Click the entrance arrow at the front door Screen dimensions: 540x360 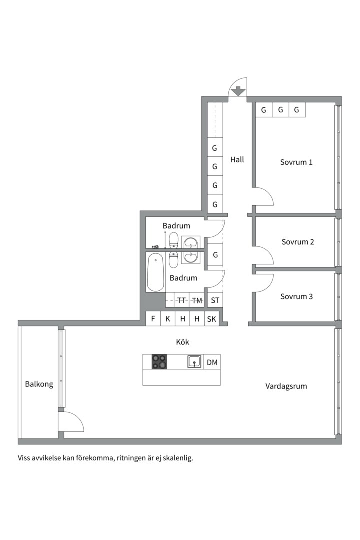tap(239, 91)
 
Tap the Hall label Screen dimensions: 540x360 tap(237, 160)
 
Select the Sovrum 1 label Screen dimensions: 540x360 tap(296, 162)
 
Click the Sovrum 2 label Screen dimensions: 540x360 tap(298, 242)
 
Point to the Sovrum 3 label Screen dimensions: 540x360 tap(296, 296)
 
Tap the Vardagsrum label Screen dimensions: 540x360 tap(286, 386)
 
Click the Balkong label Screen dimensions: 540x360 tap(39, 384)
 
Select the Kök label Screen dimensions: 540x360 tap(183, 342)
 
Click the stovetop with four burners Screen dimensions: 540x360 tap(159, 362)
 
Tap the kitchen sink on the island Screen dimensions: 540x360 tap(195, 362)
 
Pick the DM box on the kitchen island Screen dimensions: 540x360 tap(212, 362)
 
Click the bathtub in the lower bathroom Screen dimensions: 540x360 tap(155, 272)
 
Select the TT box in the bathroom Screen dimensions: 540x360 tap(182, 300)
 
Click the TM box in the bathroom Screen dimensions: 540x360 tap(197, 300)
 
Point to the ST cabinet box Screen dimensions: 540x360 tap(215, 300)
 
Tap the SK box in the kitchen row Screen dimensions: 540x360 tap(212, 319)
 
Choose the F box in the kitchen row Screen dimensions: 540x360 tap(153, 319)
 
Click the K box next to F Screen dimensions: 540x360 tap(168, 319)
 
